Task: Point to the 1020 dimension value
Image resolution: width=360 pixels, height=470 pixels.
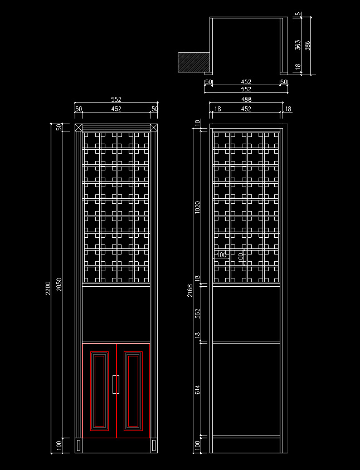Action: point(197,207)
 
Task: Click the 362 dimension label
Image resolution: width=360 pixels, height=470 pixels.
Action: point(197,313)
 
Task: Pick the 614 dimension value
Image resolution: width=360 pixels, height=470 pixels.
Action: point(197,390)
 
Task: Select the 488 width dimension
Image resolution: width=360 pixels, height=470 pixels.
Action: point(246,100)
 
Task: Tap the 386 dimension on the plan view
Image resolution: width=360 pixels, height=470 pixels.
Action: point(308,46)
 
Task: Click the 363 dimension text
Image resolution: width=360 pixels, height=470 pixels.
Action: point(298,44)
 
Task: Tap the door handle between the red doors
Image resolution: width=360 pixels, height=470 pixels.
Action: point(116,384)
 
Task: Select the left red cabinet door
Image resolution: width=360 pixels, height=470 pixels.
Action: point(100,391)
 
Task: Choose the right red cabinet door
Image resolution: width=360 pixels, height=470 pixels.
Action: point(133,391)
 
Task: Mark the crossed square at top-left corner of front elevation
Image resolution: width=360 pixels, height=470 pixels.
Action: point(79,128)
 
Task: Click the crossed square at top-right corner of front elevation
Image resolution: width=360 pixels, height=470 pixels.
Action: point(154,128)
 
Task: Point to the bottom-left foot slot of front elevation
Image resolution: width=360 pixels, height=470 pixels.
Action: point(79,445)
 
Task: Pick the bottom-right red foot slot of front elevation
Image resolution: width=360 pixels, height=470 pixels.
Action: point(154,445)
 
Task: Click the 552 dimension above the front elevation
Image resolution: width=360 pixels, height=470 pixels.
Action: point(116,100)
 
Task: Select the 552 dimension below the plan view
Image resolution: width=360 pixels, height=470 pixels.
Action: point(246,89)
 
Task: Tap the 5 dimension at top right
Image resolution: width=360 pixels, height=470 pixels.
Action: point(299,14)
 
